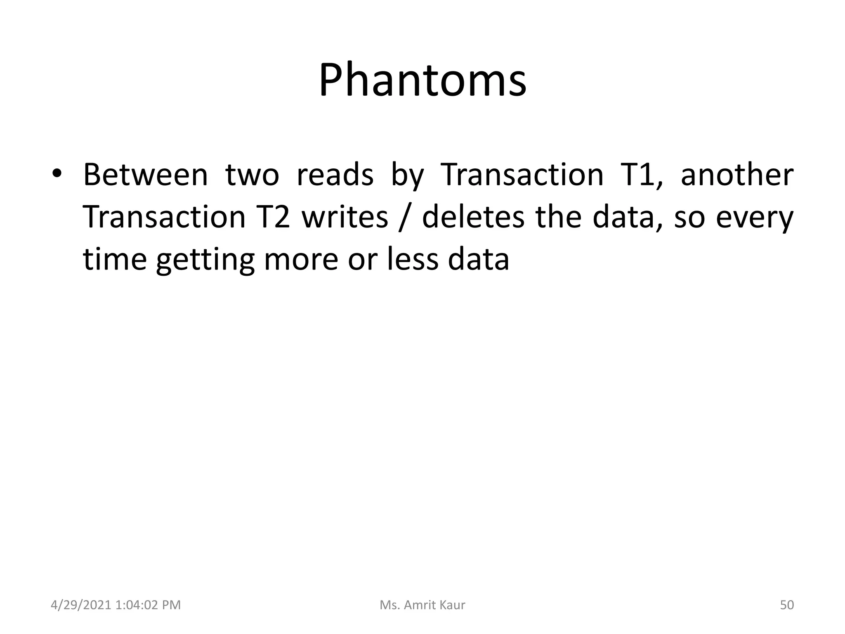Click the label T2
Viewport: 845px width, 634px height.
coord(274,217)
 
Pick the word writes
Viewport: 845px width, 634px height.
coord(345,217)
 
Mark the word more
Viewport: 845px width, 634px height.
coord(301,260)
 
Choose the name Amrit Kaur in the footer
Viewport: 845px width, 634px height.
coord(434,605)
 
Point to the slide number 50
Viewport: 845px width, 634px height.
coord(787,605)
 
